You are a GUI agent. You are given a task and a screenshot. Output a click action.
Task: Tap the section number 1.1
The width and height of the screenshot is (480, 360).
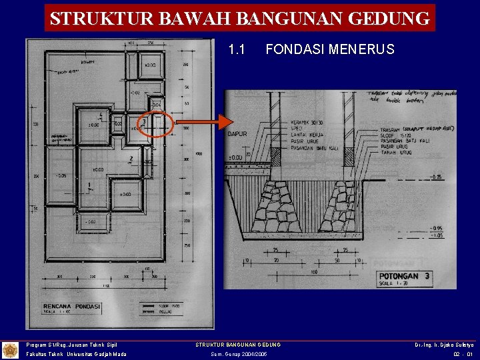[x=237, y=49]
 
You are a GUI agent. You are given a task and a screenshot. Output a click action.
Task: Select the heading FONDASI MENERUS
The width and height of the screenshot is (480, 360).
[x=329, y=49]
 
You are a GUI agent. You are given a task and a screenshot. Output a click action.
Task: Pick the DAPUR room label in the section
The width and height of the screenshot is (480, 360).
[x=237, y=133]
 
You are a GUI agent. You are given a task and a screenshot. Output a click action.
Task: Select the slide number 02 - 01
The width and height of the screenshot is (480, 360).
[x=461, y=354]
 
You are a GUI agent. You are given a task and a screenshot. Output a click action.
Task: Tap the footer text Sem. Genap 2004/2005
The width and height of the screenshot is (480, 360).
[x=239, y=354]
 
